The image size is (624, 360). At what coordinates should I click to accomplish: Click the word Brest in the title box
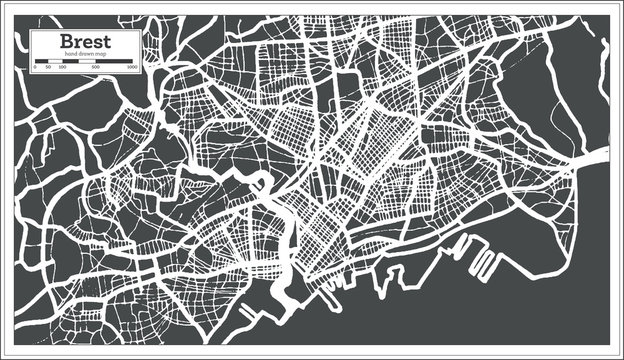tap(86, 42)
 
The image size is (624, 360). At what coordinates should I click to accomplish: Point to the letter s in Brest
tap(96, 43)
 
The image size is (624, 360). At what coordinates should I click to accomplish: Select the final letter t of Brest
tap(106, 42)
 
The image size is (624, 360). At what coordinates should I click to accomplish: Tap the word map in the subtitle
tap(101, 53)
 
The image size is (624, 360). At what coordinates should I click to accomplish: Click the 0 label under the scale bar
tap(35, 67)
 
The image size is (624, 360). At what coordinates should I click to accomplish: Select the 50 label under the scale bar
tap(48, 67)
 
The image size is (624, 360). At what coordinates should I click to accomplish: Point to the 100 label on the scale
tap(62, 67)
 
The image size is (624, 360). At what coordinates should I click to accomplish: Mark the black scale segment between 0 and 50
tap(42, 61)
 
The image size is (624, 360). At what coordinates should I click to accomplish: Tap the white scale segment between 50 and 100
tap(55, 61)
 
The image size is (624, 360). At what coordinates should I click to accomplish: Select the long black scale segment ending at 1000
tap(116, 61)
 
